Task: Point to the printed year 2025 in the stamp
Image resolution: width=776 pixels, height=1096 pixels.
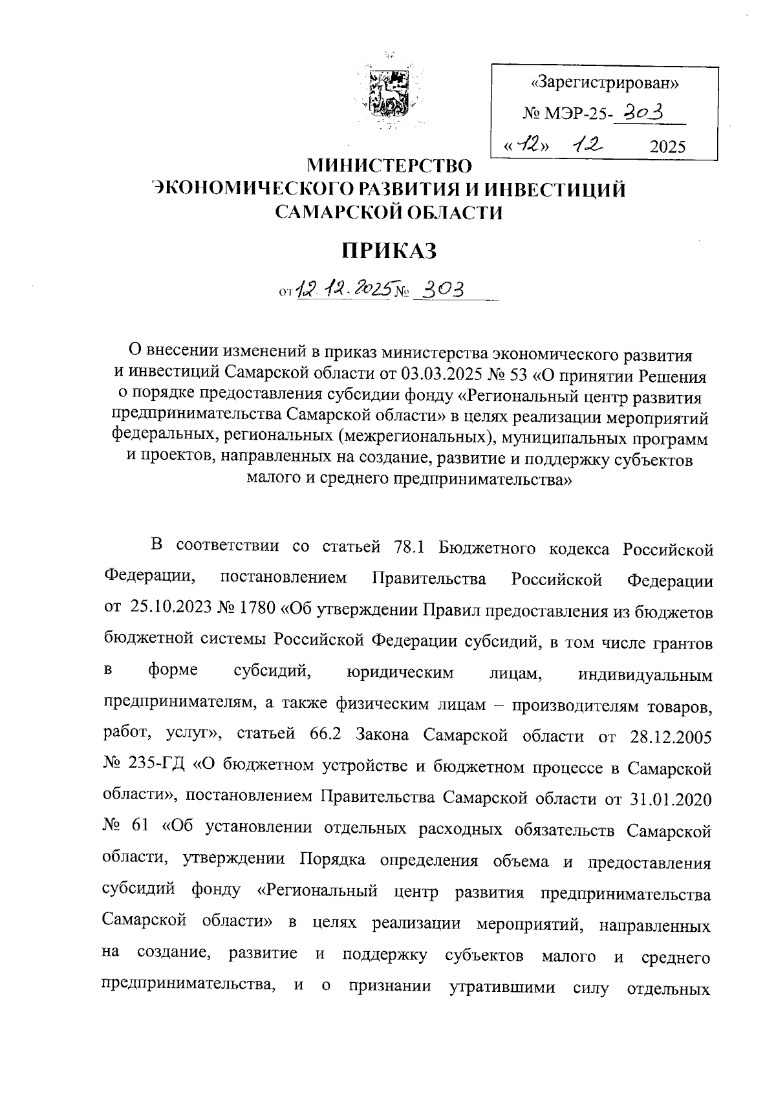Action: [x=667, y=147]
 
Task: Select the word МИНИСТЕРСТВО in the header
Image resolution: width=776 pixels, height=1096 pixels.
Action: [x=389, y=166]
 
